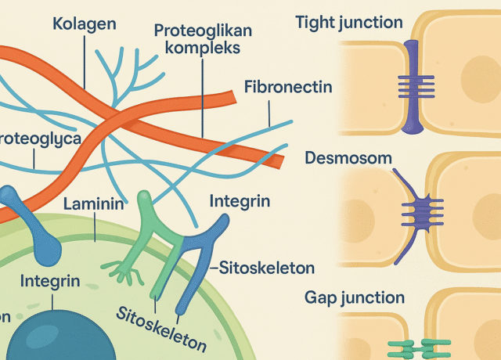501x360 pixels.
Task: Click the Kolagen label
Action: (x=84, y=23)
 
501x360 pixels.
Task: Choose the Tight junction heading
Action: (x=349, y=23)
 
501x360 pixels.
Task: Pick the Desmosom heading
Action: (x=348, y=158)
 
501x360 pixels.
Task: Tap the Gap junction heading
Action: (x=355, y=297)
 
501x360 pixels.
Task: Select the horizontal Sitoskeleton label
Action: (x=266, y=268)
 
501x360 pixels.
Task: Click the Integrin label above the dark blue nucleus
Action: (x=49, y=280)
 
